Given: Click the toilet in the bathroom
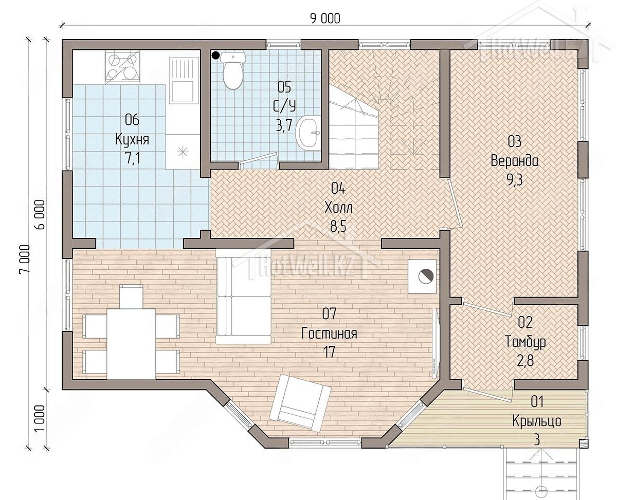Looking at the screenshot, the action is pos(232,70).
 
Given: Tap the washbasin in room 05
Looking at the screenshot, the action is pos(310,133).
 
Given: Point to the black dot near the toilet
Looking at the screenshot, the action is pos(215,55).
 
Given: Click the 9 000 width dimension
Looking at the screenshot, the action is pos(325,19).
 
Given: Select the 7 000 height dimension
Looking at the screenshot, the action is pos(24,258).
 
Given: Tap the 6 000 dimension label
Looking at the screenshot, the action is pos(41,214).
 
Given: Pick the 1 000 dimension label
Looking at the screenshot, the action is pos(40,418).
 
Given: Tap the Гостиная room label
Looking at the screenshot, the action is pos(329,333).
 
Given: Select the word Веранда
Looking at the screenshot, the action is pos(515,161).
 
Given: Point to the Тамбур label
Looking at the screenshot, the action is pos(525,342).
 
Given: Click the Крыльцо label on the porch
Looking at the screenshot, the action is pos(537,421).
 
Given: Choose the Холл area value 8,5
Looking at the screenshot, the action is pos(338,227).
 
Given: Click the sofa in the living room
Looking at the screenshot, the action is pos(243,297).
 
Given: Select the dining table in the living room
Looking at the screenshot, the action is pos(131,344).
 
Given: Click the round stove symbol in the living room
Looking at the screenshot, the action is pos(425,276).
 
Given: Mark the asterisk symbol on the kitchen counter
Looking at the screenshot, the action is pos(183,152).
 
